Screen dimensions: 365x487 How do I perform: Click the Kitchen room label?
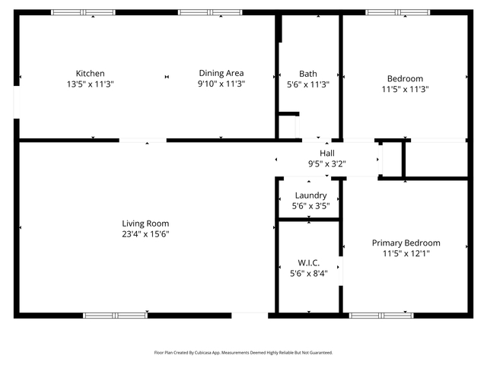(x=90, y=74)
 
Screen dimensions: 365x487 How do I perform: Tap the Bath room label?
(x=308, y=74)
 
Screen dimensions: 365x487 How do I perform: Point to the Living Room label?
(x=145, y=224)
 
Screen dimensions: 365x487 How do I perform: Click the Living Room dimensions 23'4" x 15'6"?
(x=145, y=234)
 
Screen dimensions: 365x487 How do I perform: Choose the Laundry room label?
(x=310, y=195)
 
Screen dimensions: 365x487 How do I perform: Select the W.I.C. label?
(x=309, y=262)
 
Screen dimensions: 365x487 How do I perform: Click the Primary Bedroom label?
(x=406, y=243)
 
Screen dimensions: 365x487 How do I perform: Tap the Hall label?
(x=327, y=153)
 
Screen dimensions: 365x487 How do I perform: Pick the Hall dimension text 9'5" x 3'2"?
(x=327, y=163)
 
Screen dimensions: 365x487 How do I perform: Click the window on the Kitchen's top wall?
(x=83, y=13)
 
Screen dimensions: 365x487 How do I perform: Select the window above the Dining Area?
(x=210, y=13)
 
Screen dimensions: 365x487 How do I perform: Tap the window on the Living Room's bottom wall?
(x=115, y=315)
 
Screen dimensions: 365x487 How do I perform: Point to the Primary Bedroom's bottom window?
(x=381, y=315)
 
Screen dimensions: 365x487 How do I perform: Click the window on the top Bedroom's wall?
(x=397, y=13)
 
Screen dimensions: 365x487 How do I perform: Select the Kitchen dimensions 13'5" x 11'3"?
(x=90, y=84)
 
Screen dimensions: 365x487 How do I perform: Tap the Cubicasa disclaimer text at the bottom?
(x=243, y=353)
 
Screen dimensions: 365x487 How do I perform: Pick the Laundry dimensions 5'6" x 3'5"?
(x=310, y=206)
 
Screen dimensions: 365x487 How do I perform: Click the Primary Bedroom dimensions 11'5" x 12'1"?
(x=406, y=254)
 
